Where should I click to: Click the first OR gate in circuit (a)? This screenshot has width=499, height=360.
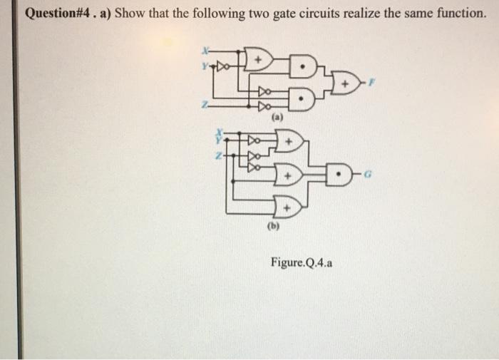click(258, 58)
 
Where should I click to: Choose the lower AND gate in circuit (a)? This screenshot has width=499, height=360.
click(303, 99)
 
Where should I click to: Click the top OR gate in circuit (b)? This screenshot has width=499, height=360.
click(288, 141)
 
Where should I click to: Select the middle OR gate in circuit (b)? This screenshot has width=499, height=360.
click(288, 173)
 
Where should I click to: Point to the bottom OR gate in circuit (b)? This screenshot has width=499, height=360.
click(288, 207)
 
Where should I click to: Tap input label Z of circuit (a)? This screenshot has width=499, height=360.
click(204, 104)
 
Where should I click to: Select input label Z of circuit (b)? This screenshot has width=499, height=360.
click(220, 154)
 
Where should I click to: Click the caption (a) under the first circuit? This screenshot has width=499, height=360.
click(277, 116)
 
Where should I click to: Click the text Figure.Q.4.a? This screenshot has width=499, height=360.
click(300, 262)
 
